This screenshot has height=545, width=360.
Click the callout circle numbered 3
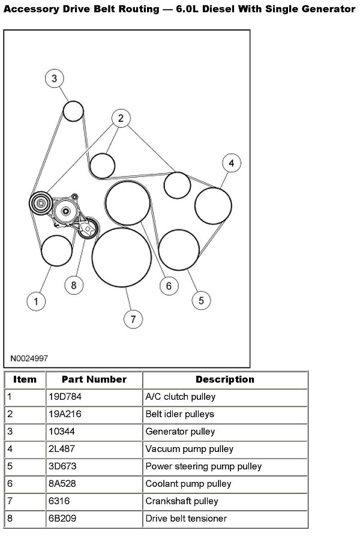coord(54,78)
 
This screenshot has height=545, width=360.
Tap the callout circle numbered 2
coord(121,118)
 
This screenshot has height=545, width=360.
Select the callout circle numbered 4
coord(231,163)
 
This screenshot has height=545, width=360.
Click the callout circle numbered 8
coord(73,285)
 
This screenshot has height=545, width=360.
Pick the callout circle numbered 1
coord(36,301)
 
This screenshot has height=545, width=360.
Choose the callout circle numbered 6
coord(169,286)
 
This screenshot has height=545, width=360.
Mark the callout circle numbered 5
coord(200,300)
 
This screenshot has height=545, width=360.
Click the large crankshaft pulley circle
coord(122,257)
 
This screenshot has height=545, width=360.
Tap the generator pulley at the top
coord(73,111)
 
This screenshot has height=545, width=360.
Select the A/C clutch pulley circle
coord(56,251)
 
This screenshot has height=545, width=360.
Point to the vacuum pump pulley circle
coord(213,205)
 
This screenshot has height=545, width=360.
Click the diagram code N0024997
coord(29,358)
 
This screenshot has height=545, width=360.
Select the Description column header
coord(224,379)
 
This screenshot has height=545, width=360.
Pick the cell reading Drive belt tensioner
coord(186,519)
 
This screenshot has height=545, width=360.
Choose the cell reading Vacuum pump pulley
coord(189,449)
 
